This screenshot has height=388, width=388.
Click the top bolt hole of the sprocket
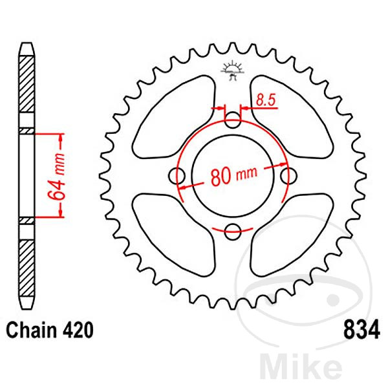coord(233,118)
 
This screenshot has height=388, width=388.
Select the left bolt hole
coord(178,174)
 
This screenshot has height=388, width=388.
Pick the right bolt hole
coord(288,174)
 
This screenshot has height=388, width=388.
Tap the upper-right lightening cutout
coord(291,116)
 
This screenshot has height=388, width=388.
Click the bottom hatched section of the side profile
coord(27,265)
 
